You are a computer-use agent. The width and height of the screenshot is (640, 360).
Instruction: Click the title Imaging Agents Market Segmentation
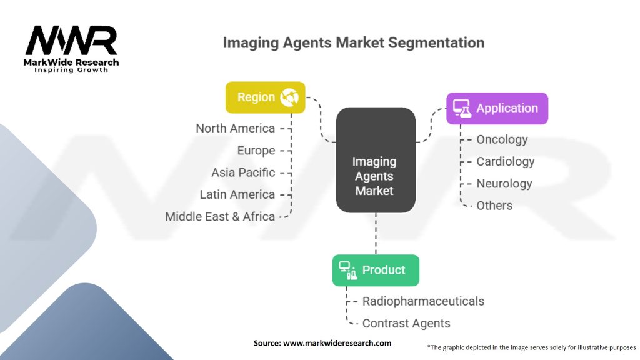[x=354, y=43]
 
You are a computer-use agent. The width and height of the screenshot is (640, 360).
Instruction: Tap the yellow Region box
[x=265, y=97]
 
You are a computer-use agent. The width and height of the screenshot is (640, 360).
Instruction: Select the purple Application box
[x=497, y=108]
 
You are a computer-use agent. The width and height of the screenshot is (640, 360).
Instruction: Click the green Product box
[x=375, y=270]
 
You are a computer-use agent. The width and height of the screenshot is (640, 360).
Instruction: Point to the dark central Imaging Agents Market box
[x=376, y=160]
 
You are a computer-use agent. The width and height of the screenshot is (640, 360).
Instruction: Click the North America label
[x=235, y=128]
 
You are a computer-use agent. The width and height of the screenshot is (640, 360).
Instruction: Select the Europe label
[x=256, y=151]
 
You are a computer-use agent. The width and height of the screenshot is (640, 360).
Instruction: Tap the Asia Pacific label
[x=242, y=172]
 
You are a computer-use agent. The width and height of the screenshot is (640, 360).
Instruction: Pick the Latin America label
[x=237, y=194]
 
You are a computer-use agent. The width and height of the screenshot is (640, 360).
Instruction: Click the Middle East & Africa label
[x=220, y=216]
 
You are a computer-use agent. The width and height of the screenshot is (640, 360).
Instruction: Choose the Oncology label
[x=502, y=139]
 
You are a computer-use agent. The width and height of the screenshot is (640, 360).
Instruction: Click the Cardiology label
[x=506, y=161]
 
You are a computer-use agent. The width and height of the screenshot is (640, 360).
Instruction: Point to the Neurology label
[x=504, y=184]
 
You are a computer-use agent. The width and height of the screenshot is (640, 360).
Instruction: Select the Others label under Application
[x=494, y=206]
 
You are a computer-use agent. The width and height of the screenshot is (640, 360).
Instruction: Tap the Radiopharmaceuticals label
[x=423, y=301]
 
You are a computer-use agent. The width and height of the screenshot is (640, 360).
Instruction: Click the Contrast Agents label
[x=406, y=323]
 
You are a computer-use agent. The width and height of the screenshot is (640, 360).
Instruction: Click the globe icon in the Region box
[x=289, y=97]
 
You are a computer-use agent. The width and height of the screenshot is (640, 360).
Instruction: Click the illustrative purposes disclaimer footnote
[x=531, y=347]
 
